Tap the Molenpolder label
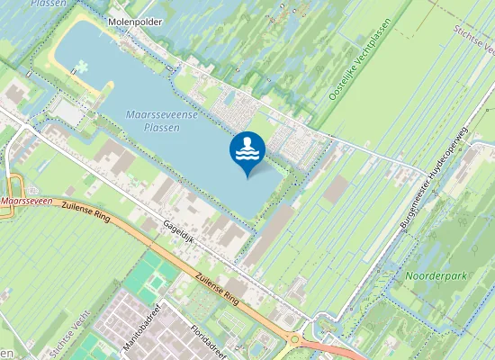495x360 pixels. pos(133,19)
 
